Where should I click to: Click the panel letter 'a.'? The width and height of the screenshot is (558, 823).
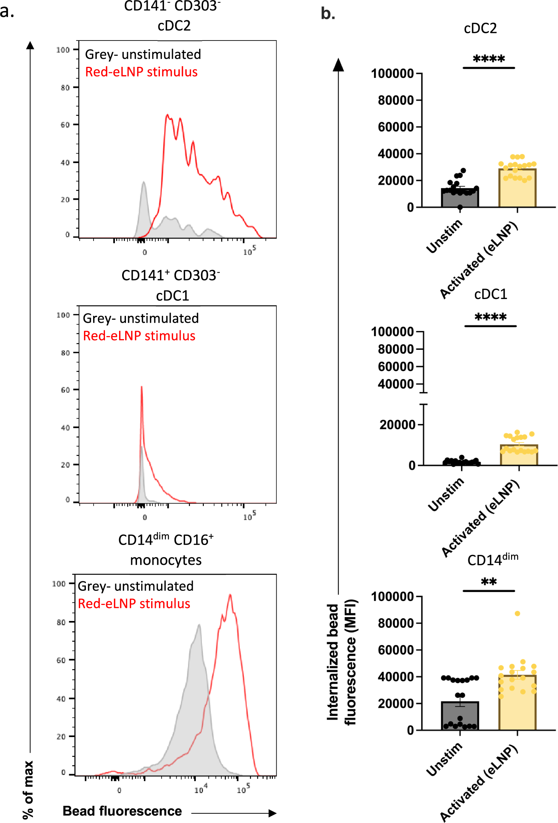(7, 11)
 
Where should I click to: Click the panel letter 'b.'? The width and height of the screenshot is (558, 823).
(328, 14)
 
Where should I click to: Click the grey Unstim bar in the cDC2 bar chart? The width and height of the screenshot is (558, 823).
(460, 198)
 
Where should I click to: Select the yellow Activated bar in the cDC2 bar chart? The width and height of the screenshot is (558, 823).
(517, 189)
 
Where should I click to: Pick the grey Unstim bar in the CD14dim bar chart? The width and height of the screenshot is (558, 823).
(460, 716)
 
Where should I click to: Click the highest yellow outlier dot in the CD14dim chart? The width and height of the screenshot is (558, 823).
(517, 614)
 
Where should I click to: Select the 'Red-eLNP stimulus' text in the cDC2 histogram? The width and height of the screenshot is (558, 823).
(141, 72)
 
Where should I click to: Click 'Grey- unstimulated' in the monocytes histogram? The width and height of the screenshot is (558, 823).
(135, 586)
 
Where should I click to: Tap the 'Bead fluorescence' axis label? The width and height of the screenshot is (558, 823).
(122, 811)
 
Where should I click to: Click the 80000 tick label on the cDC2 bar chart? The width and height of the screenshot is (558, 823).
(395, 100)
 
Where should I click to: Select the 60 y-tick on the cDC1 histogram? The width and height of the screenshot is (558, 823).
(65, 390)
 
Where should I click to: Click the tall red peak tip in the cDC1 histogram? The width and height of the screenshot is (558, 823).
(142, 387)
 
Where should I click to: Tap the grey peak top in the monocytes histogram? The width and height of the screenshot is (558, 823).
(199, 625)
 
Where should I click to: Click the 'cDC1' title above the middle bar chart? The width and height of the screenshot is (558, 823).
(490, 294)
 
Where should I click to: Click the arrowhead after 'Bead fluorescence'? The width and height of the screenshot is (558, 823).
(272, 813)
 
